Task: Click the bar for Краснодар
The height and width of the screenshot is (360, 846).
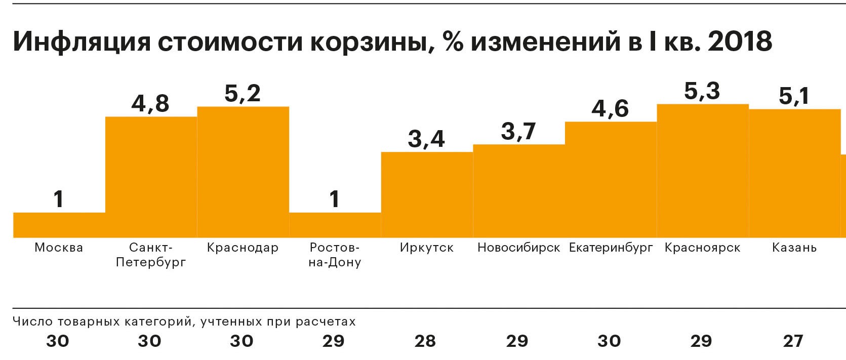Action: tap(243, 172)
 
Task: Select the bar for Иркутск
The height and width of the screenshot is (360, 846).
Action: tap(427, 195)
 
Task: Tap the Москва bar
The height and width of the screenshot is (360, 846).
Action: tap(59, 225)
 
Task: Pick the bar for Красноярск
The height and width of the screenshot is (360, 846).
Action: tap(703, 171)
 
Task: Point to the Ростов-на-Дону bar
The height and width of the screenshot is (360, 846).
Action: tap(335, 225)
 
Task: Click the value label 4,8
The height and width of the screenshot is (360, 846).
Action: tap(150, 103)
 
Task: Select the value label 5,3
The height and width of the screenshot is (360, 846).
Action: tap(702, 91)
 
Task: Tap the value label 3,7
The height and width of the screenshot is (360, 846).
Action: tap(518, 131)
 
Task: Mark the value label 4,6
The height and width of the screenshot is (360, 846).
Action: tap(611, 108)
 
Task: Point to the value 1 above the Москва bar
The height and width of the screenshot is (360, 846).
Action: tap(59, 199)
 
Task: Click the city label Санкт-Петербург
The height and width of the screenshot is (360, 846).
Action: tap(151, 255)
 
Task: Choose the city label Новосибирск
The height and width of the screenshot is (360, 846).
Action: tap(519, 248)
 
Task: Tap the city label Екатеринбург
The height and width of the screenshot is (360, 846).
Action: tap(611, 248)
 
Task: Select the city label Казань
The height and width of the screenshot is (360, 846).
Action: tap(794, 248)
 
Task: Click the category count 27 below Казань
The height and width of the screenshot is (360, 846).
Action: tap(793, 341)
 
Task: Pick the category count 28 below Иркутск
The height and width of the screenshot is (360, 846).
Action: tap(425, 341)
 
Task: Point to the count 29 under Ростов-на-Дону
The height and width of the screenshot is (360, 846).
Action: tap(334, 341)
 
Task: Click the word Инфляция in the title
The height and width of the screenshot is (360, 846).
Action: tap(82, 42)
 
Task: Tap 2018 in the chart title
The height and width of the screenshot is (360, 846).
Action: tap(740, 42)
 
